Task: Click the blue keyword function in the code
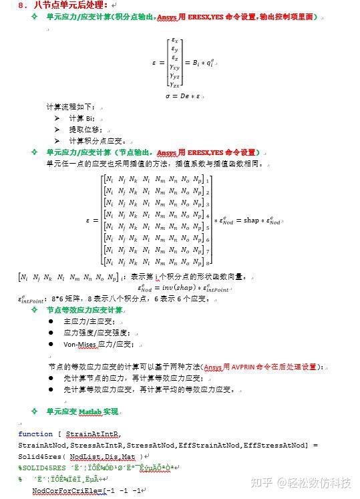tap(35, 434)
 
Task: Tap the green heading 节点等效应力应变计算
tap(85, 310)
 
